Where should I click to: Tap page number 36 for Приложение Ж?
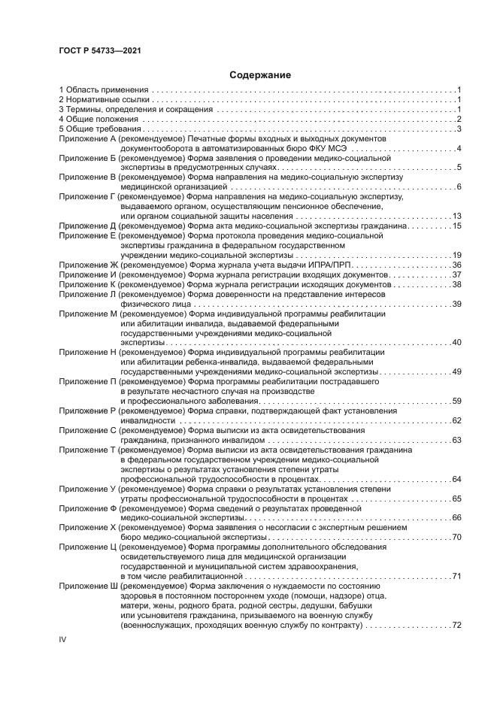456,265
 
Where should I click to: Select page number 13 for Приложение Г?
456,217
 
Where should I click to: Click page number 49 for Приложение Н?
456,371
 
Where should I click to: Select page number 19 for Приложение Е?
456,256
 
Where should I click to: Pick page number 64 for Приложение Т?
456,479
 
